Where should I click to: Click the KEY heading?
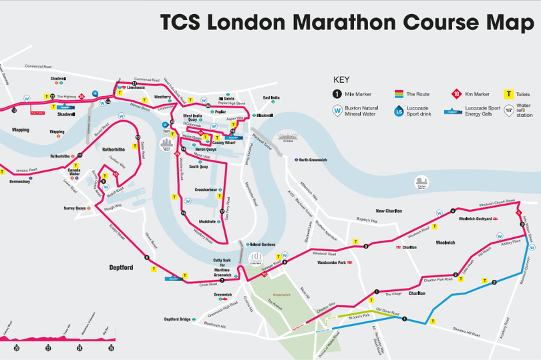click(341, 79)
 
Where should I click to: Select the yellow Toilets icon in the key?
click(508, 95)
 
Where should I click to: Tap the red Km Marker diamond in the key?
click(457, 95)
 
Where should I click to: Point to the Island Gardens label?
click(262, 244)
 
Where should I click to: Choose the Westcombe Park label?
click(331, 262)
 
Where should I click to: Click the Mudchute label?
click(208, 221)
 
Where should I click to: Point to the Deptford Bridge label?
click(177, 319)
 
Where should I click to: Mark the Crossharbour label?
click(206, 190)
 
